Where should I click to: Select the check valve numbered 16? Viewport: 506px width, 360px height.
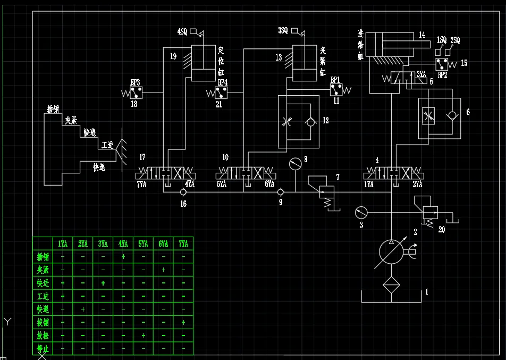[183, 192]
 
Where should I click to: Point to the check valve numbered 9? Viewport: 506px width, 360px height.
[281, 192]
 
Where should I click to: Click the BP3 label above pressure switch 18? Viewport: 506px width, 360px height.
[135, 83]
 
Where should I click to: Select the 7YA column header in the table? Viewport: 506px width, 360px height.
[183, 244]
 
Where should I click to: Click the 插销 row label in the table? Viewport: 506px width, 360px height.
[43, 257]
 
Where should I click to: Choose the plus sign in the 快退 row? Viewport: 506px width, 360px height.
[83, 309]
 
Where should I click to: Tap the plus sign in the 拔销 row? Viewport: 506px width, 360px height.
[183, 322]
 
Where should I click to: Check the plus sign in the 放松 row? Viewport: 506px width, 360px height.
[143, 336]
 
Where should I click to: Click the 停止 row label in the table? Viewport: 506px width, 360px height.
[43, 348]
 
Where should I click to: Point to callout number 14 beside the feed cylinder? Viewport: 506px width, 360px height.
[421, 35]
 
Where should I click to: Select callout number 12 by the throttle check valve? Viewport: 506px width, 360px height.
[326, 121]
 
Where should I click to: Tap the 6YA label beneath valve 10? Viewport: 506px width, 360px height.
[269, 185]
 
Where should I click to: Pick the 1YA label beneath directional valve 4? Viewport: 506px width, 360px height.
[369, 185]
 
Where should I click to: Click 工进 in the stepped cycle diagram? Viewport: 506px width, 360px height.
[108, 145]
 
